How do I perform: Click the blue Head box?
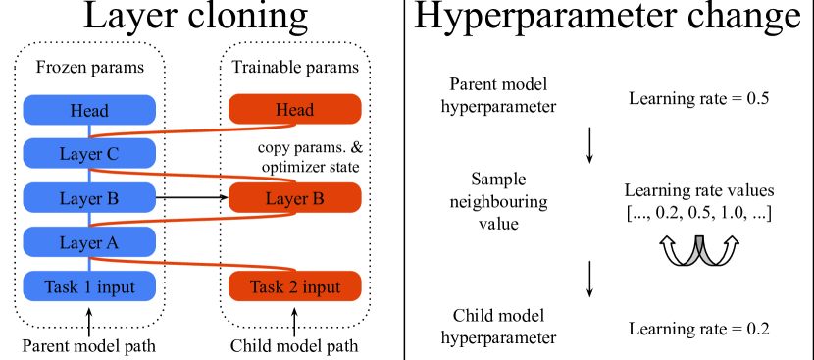pos(89,110)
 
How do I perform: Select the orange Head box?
pos(295,109)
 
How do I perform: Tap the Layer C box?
pos(89,154)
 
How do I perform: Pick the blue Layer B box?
pos(89,198)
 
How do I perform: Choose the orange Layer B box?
pos(295,198)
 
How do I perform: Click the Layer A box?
pos(89,242)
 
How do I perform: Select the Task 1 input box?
pos(89,286)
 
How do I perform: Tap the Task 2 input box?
pos(295,286)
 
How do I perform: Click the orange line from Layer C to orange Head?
pos(196,130)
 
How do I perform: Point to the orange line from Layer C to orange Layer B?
pos(196,175)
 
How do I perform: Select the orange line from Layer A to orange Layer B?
pos(196,219)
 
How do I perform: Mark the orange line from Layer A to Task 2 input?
pos(196,263)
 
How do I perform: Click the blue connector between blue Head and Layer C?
pos(89,130)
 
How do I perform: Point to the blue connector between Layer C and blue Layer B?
pos(89,176)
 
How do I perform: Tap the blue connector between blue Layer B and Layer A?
pos(89,220)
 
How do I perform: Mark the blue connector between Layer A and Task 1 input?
pos(89,264)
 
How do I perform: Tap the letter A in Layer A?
pos(112,242)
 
